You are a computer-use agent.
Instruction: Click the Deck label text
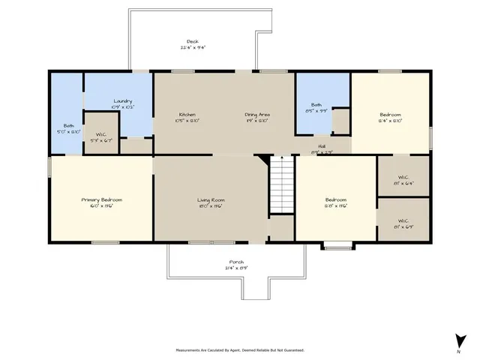tap(192, 41)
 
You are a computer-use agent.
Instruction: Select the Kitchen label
tap(187, 114)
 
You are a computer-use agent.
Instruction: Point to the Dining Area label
tap(257, 114)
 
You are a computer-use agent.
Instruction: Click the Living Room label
tap(211, 199)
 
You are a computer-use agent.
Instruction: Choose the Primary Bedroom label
tap(102, 199)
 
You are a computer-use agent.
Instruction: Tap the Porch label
tap(236, 262)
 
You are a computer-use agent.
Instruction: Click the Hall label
tap(322, 146)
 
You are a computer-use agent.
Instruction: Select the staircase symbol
tap(280, 184)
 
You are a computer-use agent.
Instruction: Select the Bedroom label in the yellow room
tap(390, 114)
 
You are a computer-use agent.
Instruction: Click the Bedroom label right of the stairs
tap(335, 199)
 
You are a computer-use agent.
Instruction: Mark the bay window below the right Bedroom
tap(337, 244)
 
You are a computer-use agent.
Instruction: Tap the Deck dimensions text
tap(192, 47)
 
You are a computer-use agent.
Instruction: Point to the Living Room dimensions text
tap(211, 205)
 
